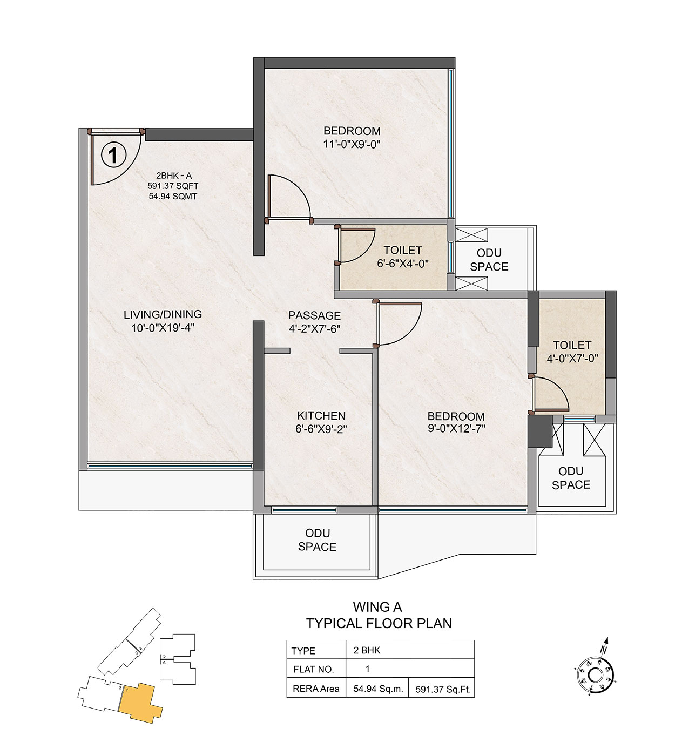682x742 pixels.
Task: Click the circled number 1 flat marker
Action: tap(113, 155)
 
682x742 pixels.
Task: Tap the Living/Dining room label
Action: tap(163, 314)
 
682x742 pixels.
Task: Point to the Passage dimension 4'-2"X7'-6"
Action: tap(314, 329)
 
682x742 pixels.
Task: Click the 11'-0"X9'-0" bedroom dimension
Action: tap(352, 144)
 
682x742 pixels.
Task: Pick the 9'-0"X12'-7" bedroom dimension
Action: tap(456, 428)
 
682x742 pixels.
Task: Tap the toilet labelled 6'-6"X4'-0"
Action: tap(403, 257)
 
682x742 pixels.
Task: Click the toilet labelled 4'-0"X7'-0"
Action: tap(572, 352)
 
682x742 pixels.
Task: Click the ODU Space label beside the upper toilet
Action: tap(489, 260)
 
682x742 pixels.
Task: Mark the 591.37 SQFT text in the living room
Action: tap(173, 186)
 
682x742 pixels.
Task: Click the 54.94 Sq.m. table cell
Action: tap(378, 689)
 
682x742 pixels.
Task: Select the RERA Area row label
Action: tap(316, 689)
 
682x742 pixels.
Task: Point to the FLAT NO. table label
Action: tap(314, 669)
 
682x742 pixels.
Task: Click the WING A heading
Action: tap(377, 607)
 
